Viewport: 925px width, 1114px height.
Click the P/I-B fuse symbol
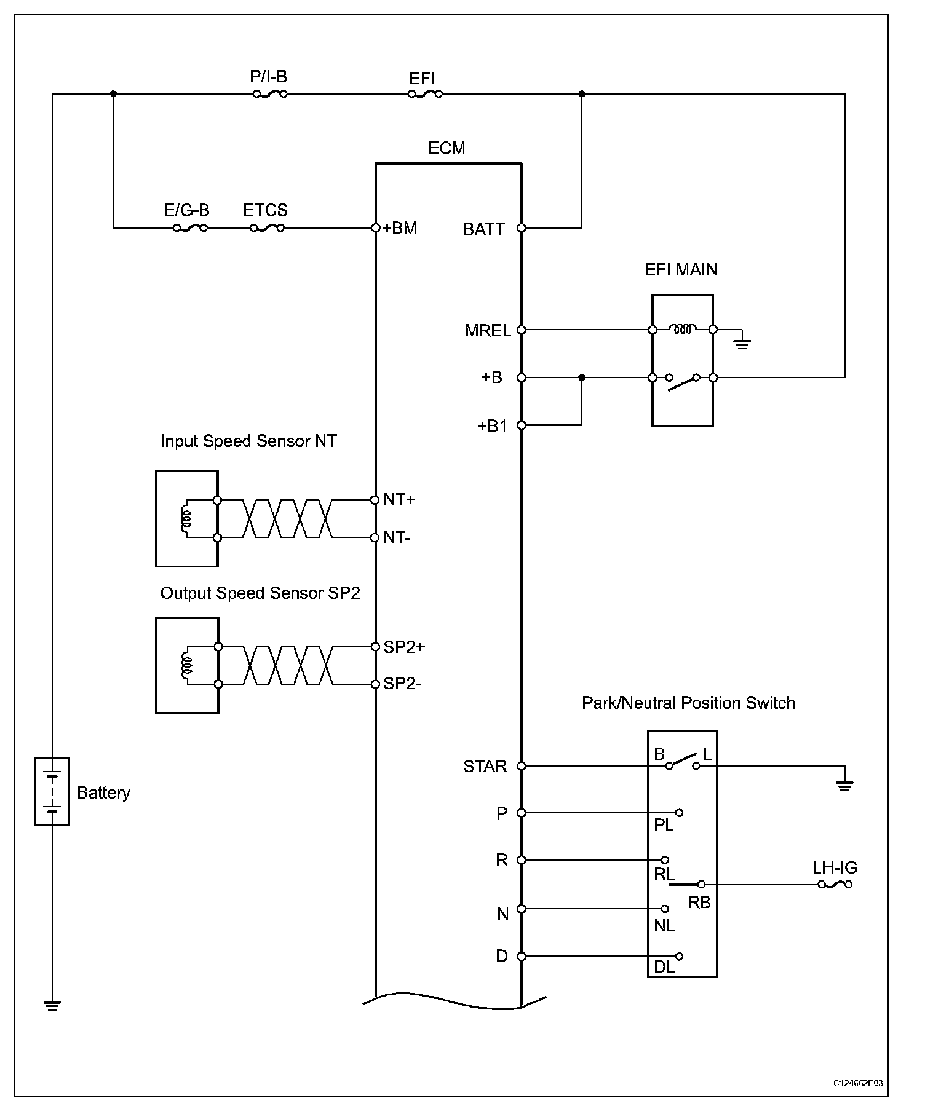pos(270,94)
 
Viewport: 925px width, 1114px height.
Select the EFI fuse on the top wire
pos(425,94)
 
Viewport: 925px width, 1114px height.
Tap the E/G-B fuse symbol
pos(190,228)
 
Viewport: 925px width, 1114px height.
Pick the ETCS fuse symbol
pos(267,228)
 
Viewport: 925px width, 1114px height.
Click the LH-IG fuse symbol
pos(835,885)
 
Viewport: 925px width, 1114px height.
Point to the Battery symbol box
pos(52,791)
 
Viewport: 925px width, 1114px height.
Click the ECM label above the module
pos(447,148)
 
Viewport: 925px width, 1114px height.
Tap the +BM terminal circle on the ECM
pos(375,228)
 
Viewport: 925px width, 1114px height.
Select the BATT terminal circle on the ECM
pos(522,228)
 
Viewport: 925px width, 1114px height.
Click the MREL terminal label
pos(488,331)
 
